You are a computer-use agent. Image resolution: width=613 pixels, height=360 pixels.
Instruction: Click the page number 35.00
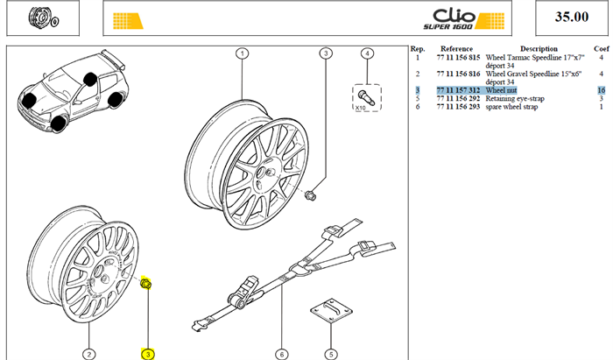(x=572, y=17)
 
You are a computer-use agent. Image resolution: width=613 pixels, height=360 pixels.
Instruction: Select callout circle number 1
(x=243, y=53)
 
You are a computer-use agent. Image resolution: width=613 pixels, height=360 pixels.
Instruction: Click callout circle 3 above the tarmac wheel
(x=326, y=53)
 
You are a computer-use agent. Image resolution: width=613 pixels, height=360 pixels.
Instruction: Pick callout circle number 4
(x=367, y=53)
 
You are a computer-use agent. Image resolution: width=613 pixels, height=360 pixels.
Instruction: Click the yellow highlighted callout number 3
(x=148, y=355)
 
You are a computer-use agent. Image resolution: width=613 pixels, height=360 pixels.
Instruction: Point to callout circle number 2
(x=89, y=355)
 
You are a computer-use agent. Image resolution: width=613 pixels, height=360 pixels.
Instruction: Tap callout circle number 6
(x=281, y=355)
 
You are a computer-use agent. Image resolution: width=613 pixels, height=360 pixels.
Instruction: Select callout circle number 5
(x=331, y=355)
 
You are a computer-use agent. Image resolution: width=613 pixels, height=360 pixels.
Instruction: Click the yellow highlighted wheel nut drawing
(x=146, y=284)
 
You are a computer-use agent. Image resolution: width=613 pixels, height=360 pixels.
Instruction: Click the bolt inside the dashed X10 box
(x=366, y=97)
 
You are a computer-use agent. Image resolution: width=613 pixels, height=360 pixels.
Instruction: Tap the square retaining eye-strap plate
(x=331, y=310)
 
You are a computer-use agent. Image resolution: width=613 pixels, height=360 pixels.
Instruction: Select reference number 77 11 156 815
(x=458, y=58)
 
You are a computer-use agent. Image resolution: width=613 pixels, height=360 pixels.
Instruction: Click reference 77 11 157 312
(x=458, y=90)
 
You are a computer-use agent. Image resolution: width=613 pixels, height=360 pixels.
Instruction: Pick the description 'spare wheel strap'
(x=511, y=107)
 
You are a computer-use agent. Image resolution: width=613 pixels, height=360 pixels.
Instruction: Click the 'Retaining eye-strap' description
(x=515, y=98)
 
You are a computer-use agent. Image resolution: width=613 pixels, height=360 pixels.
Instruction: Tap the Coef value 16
(x=602, y=90)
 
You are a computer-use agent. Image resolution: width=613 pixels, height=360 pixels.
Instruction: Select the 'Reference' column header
(x=456, y=49)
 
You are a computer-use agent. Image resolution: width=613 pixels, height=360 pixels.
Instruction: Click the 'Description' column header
(x=539, y=49)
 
